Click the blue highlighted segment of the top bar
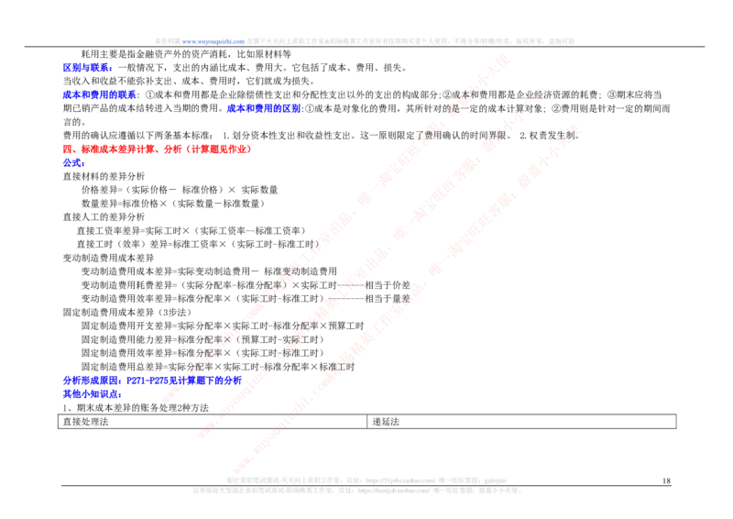pos(213,40)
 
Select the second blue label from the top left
pos(99,94)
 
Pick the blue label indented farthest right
pos(263,108)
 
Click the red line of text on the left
pos(156,147)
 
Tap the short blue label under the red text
pos(73,163)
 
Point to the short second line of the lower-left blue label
pos(91,395)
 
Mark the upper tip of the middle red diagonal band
pos(538,94)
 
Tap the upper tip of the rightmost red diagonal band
pos(576,127)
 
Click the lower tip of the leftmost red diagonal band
pos(168,398)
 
